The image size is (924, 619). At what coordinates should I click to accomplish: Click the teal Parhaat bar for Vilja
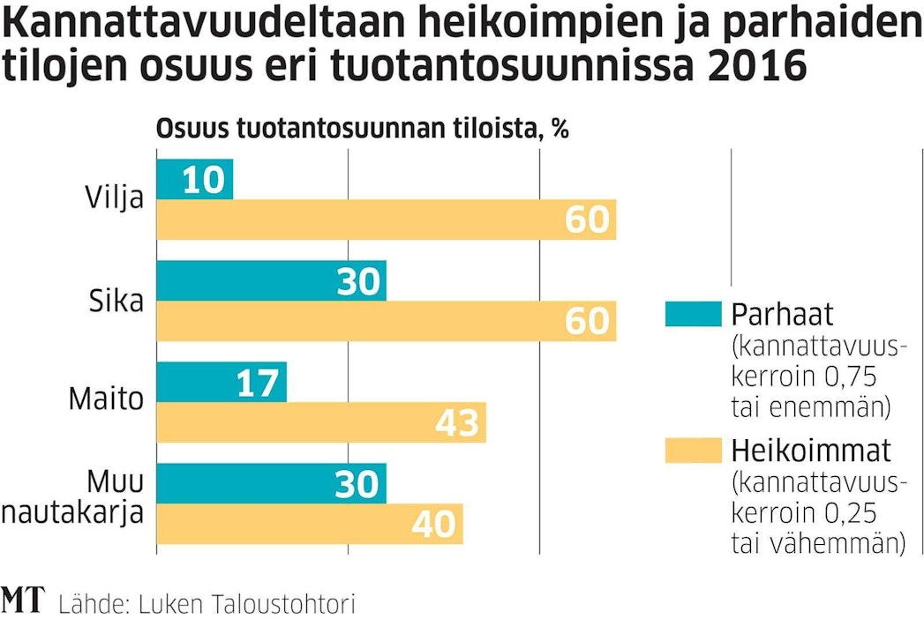pos(194,179)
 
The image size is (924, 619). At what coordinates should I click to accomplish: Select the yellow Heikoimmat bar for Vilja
pos(386,220)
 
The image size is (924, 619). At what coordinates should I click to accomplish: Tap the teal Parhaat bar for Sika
pos(271,281)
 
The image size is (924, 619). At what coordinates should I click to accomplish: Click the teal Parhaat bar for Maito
pos(222,384)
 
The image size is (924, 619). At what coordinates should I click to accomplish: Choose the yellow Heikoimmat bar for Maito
pos(321,424)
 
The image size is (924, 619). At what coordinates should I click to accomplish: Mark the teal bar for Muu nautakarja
pos(271,484)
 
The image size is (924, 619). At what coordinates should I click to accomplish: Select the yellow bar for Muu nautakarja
pos(309,525)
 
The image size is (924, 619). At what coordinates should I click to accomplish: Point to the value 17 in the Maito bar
pos(258,384)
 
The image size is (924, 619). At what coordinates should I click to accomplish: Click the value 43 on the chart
pos(457,424)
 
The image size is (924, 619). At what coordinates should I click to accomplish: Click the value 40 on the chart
pos(434,525)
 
